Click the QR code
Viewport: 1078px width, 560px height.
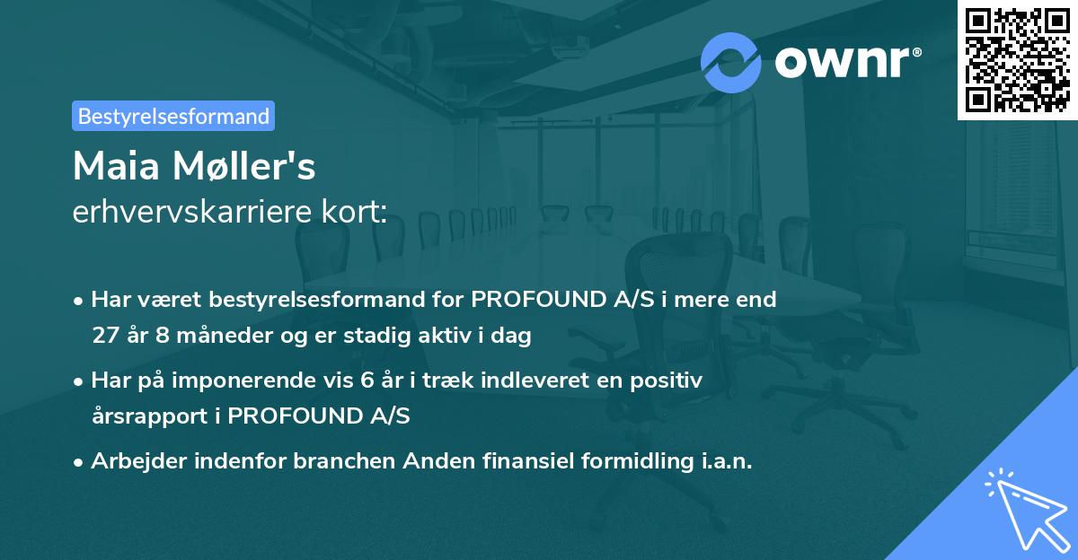1017,60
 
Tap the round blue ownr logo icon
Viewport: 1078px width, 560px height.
731,62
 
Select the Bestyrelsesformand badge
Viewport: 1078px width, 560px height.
173,116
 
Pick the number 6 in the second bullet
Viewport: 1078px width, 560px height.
366,381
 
